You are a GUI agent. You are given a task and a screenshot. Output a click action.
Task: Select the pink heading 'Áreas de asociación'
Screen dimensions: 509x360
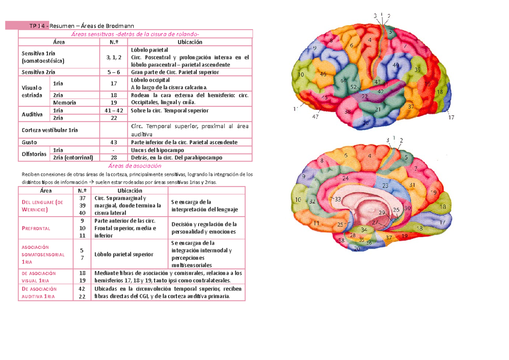tap(135, 166)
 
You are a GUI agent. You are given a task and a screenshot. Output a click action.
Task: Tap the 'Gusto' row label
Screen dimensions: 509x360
tap(29, 142)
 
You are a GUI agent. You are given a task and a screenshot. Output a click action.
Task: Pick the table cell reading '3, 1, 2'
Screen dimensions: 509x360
tap(114, 57)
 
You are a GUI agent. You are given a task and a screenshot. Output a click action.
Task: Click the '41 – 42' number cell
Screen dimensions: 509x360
tap(114, 111)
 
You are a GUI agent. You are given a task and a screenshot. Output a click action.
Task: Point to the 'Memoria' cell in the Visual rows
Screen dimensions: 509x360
tap(64, 103)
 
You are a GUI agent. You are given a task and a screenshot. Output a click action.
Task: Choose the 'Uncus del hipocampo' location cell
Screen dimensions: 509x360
tap(157, 150)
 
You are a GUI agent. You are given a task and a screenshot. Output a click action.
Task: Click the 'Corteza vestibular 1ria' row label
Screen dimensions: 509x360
tap(50, 130)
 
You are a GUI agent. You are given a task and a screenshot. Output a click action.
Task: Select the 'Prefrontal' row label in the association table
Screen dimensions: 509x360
tap(36, 228)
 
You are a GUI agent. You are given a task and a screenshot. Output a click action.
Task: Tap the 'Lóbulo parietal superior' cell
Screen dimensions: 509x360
tap(124, 254)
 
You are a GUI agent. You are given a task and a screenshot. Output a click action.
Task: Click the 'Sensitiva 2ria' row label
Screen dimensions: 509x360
tap(38, 72)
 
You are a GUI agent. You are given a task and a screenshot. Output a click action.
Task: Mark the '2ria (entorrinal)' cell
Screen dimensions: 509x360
tap(73, 157)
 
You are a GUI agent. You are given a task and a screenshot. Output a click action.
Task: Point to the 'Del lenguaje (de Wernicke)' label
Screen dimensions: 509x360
tap(42, 206)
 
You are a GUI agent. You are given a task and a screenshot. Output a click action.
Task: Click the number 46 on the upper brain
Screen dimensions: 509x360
tap(323, 74)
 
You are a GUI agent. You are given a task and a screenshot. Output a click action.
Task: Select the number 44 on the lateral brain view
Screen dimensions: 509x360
tap(343, 81)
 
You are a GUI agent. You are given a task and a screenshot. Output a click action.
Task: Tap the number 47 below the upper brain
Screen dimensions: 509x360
tap(315, 117)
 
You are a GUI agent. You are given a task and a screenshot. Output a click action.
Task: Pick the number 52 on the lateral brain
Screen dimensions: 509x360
tap(353, 87)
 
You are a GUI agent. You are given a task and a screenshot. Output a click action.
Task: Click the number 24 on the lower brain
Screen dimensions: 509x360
tap(345, 178)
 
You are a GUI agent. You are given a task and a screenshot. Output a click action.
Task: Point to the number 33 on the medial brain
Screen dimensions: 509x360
tap(338, 199)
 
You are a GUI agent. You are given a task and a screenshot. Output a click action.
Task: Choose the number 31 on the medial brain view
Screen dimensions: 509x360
tap(412, 186)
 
